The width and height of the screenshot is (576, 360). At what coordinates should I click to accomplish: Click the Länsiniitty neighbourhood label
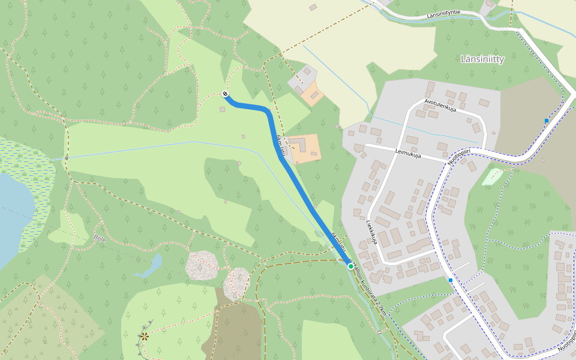click(482, 59)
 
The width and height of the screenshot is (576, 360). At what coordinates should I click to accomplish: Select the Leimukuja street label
click(408, 153)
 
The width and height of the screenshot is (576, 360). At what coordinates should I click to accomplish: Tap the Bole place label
click(99, 238)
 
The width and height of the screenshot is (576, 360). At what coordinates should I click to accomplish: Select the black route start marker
click(225, 94)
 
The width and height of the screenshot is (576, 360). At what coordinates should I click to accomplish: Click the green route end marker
click(350, 266)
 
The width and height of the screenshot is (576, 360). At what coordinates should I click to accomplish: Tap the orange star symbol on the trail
click(145, 336)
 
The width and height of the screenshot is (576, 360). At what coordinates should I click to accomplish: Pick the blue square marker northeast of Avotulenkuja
click(547, 121)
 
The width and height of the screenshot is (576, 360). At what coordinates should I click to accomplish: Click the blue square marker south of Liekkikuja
click(450, 280)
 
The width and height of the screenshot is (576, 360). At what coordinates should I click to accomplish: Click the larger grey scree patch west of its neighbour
click(201, 265)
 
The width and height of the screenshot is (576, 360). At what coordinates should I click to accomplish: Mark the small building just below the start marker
click(222, 109)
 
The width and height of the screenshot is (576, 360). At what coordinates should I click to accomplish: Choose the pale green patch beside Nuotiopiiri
click(493, 176)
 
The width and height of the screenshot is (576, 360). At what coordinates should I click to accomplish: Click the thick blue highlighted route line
click(300, 186)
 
